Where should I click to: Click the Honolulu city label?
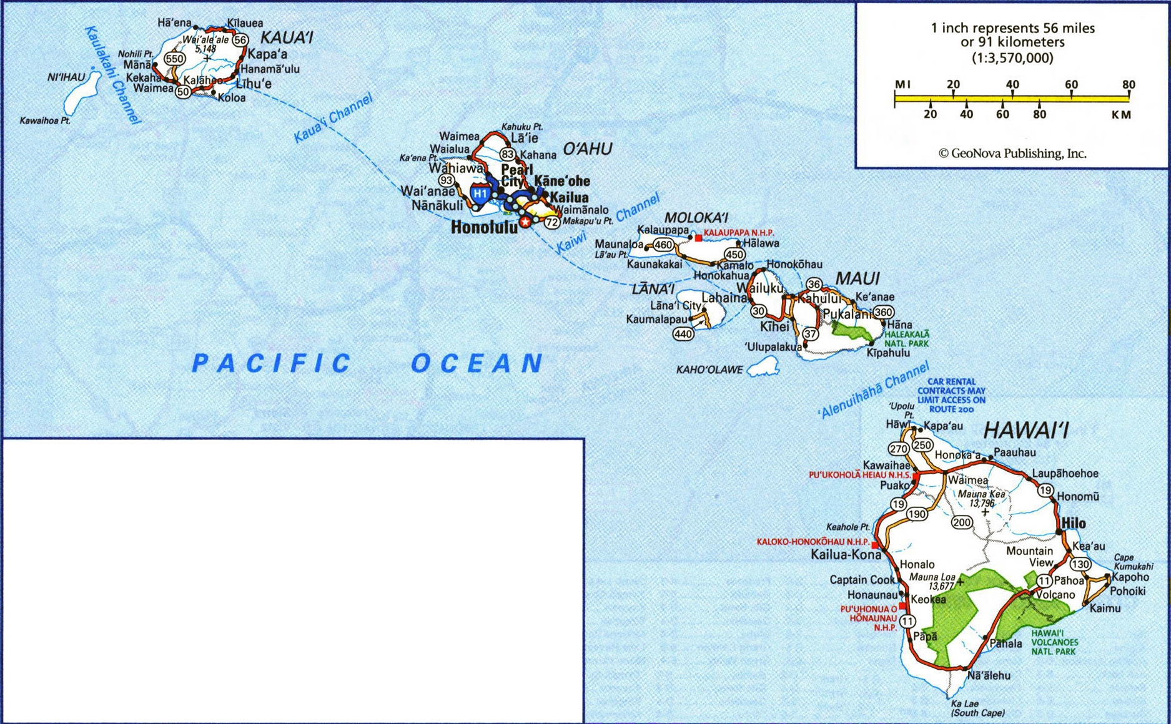[x=484, y=228]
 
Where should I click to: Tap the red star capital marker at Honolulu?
[x=526, y=222]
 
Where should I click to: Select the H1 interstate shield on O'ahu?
[x=480, y=193]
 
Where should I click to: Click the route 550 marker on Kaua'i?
[x=174, y=59]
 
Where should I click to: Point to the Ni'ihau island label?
[x=66, y=77]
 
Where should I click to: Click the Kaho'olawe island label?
[x=709, y=370]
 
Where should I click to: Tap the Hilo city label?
[x=1074, y=523]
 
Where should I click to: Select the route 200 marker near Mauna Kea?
[x=962, y=522]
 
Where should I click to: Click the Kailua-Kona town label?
[x=846, y=555]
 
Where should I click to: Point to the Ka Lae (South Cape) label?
[x=977, y=708]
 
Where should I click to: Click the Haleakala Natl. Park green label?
[x=906, y=339]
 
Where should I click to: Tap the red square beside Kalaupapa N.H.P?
[x=698, y=238]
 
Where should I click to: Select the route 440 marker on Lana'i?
[x=683, y=334]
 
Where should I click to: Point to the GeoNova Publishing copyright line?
[x=1012, y=154]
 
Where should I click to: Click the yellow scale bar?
[x=1012, y=98]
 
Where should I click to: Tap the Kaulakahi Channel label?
[x=112, y=75]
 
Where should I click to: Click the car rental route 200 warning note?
[x=951, y=395]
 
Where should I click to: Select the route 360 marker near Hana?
[x=883, y=312]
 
